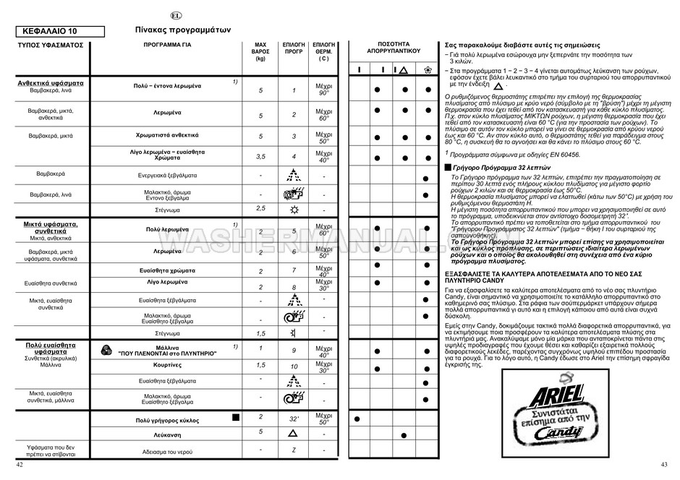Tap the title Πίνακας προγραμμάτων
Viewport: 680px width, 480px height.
click(x=182, y=30)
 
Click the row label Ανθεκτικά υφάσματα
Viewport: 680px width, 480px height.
click(x=51, y=83)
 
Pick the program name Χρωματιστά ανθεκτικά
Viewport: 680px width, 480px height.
click(x=167, y=135)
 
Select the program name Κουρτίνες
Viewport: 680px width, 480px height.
click(x=167, y=365)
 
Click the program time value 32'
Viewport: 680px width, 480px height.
click(x=294, y=419)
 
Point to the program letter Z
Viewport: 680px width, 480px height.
click(x=294, y=450)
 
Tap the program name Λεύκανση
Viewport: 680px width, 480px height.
click(x=167, y=436)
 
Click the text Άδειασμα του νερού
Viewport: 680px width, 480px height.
click(x=167, y=451)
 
